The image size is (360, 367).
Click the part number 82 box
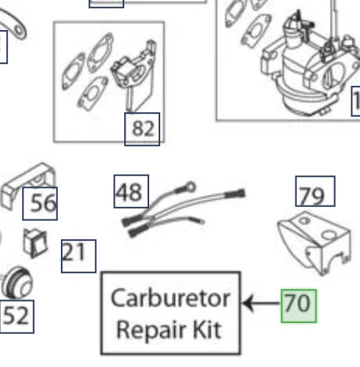(142, 129)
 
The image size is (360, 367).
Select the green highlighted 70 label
(298, 306)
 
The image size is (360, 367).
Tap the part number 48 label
(132, 192)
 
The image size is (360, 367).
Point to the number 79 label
(315, 191)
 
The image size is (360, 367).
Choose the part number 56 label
(40, 203)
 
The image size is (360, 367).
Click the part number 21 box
(79, 256)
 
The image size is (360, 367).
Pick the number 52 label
(17, 316)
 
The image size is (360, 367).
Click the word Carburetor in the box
(170, 299)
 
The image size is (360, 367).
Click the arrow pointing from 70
(262, 303)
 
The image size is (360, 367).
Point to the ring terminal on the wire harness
(191, 187)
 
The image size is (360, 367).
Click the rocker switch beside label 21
(35, 243)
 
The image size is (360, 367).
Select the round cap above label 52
(17, 283)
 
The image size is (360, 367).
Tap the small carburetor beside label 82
(134, 73)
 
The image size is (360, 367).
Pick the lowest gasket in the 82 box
(93, 93)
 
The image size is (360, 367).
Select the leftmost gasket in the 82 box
(73, 71)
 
